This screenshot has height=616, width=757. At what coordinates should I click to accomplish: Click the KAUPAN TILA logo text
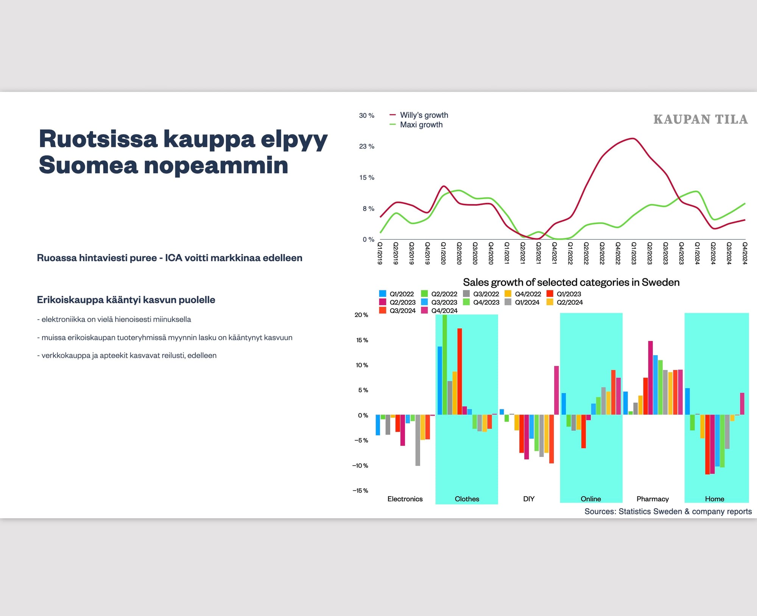tap(700, 119)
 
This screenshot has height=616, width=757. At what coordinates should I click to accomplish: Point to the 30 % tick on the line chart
tap(366, 115)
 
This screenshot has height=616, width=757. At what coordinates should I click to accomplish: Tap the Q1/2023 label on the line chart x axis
tap(634, 253)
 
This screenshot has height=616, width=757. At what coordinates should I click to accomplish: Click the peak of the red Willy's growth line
tap(633, 139)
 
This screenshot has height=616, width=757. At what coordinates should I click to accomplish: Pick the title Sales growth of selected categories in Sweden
tap(571, 282)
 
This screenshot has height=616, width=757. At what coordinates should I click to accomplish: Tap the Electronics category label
tap(405, 499)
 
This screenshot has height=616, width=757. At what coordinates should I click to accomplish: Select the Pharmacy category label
tap(653, 499)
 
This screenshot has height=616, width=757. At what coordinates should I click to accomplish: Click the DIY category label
tap(529, 499)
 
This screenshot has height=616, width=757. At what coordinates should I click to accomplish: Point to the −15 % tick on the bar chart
tap(360, 491)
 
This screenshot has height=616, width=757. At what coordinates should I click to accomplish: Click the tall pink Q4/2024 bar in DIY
tap(556, 390)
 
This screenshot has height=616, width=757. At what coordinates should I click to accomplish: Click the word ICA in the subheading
tap(173, 258)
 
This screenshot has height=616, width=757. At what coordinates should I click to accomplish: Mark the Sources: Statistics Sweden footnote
tap(668, 512)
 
